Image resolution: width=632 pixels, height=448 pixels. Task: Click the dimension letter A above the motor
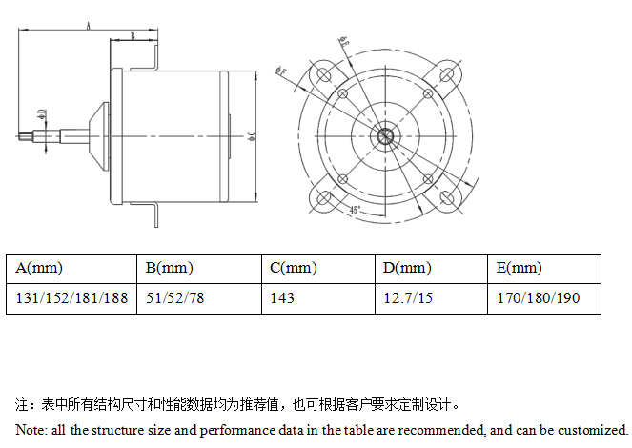pyautogui.click(x=89, y=27)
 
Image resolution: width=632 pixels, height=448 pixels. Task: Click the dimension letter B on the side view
pyautogui.click(x=133, y=35)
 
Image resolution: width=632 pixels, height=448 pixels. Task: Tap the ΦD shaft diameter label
pyautogui.click(x=41, y=114)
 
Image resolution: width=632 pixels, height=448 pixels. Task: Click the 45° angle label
pyautogui.click(x=355, y=209)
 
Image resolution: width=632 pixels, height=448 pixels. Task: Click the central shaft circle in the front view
pyautogui.click(x=386, y=134)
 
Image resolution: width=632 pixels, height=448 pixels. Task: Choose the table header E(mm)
pyautogui.click(x=520, y=268)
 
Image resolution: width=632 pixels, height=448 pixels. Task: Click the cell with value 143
pyautogui.click(x=282, y=298)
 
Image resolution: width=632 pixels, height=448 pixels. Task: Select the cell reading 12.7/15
pyautogui.click(x=407, y=298)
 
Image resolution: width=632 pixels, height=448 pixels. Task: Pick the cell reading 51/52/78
pyautogui.click(x=174, y=298)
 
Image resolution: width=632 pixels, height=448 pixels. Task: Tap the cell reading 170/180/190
pyautogui.click(x=538, y=298)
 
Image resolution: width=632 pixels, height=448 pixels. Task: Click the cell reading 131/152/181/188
pyautogui.click(x=71, y=298)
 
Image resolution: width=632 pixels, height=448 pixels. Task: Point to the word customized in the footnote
pyautogui.click(x=591, y=430)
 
